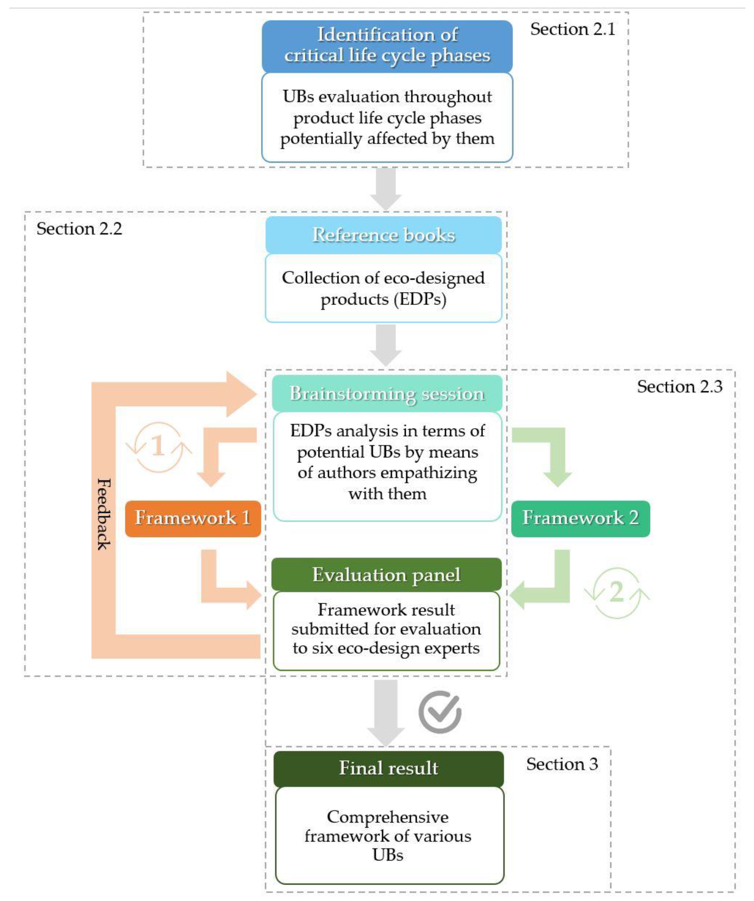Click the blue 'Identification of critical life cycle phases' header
click(x=387, y=46)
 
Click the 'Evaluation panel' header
click(x=386, y=575)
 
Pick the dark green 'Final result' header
click(x=388, y=768)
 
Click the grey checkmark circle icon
click(x=440, y=712)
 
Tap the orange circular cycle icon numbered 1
click(x=158, y=447)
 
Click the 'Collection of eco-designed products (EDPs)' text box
click(x=383, y=288)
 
